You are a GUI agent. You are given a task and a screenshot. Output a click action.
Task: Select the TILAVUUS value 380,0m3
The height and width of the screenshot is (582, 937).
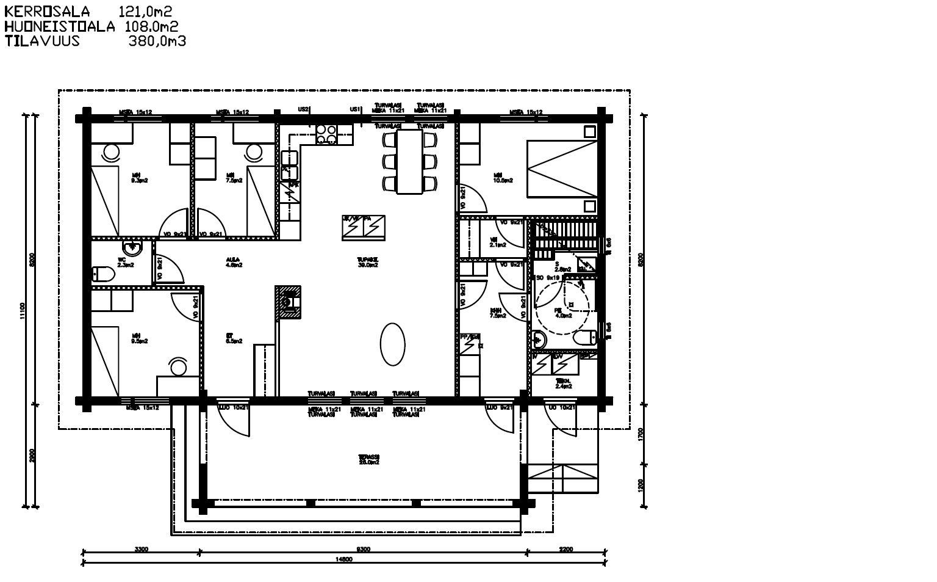pyautogui.click(x=157, y=41)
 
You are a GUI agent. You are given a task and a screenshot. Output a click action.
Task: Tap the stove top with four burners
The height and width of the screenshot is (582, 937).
pyautogui.click(x=326, y=134)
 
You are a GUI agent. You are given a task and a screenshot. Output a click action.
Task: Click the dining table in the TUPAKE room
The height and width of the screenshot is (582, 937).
pyautogui.click(x=409, y=161)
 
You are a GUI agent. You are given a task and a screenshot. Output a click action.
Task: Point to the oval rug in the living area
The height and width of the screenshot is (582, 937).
pyautogui.click(x=393, y=344)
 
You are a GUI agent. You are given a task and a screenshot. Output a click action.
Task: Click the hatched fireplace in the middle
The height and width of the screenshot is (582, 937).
pyautogui.click(x=289, y=303)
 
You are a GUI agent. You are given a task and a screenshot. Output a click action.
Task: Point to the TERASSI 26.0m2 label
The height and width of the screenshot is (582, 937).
pyautogui.click(x=369, y=459)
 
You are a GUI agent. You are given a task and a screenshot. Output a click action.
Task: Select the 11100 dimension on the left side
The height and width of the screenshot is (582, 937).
pyautogui.click(x=22, y=310)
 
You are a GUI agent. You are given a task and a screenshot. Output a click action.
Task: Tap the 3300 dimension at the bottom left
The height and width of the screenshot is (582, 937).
pyautogui.click(x=141, y=549)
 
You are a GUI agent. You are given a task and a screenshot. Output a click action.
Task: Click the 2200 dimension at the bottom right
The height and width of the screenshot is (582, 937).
pyautogui.click(x=565, y=549)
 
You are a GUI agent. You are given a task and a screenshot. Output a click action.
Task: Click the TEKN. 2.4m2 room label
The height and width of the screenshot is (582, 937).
pyautogui.click(x=563, y=384)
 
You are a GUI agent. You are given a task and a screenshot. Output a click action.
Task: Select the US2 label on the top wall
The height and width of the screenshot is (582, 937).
pyautogui.click(x=303, y=109)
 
